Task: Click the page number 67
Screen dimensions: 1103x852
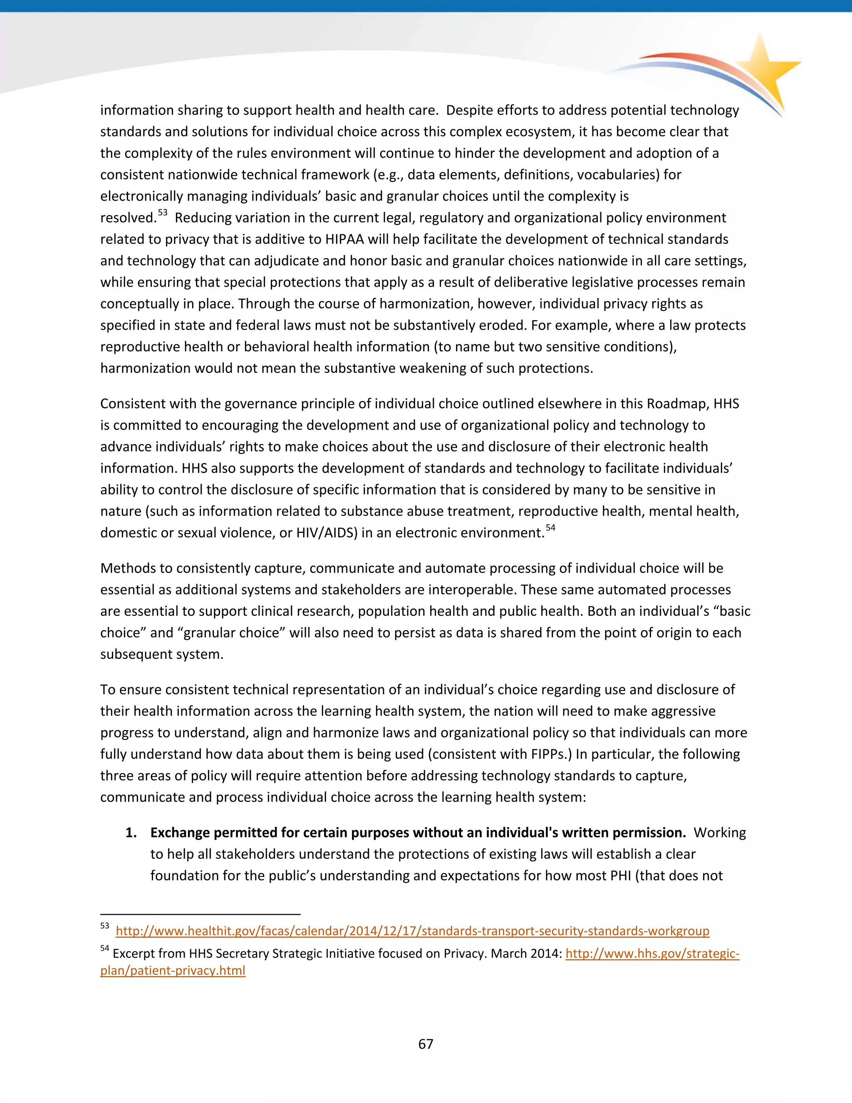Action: [426, 1044]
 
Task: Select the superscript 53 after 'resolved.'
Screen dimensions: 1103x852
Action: [163, 213]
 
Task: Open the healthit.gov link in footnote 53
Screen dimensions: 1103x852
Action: [412, 931]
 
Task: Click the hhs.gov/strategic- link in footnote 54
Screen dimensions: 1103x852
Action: [652, 954]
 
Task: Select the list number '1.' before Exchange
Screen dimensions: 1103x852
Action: [131, 833]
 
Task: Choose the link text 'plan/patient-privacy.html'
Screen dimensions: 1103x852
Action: [173, 971]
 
